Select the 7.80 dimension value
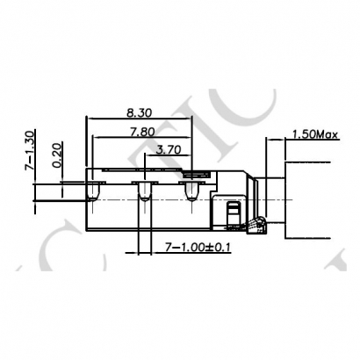pyautogui.click(x=140, y=131)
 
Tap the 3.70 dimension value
pyautogui.click(x=169, y=149)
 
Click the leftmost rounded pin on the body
pyautogui.click(x=91, y=191)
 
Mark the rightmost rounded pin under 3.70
pyautogui.click(x=191, y=191)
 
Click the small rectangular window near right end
pyautogui.click(x=233, y=213)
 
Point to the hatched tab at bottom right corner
pyautogui.click(x=256, y=228)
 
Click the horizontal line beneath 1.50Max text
pyautogui.click(x=307, y=140)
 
